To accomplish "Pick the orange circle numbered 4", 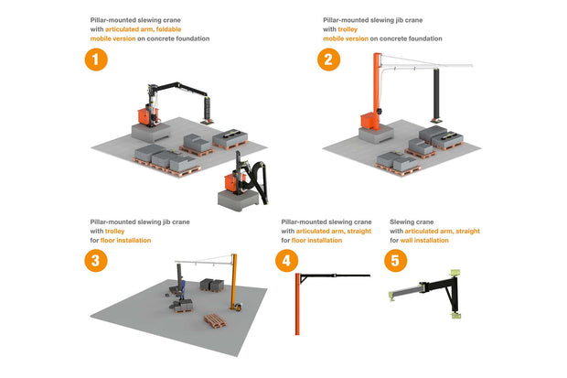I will [286, 260].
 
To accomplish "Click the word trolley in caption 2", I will [335, 29].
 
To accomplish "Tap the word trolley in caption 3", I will [114, 231].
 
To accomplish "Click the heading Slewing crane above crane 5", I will [412, 221].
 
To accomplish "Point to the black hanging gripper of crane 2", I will [438, 96].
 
